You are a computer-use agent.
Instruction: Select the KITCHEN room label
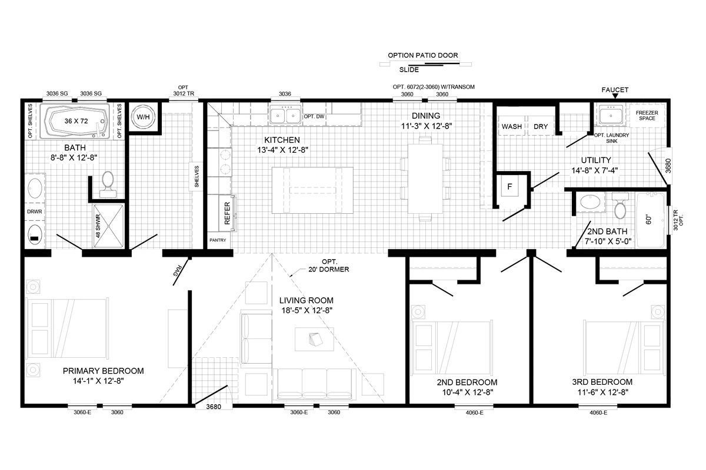click(282, 140)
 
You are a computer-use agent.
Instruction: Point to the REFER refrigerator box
click(227, 213)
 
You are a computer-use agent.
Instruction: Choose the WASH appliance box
click(512, 126)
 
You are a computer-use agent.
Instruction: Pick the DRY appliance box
click(541, 126)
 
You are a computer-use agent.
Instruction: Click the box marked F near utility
click(510, 189)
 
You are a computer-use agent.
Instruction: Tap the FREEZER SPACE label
click(646, 115)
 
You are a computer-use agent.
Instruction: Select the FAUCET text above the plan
click(615, 90)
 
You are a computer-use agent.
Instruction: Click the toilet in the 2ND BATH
click(620, 206)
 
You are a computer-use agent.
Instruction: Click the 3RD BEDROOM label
click(602, 382)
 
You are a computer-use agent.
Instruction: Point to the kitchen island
click(312, 190)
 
